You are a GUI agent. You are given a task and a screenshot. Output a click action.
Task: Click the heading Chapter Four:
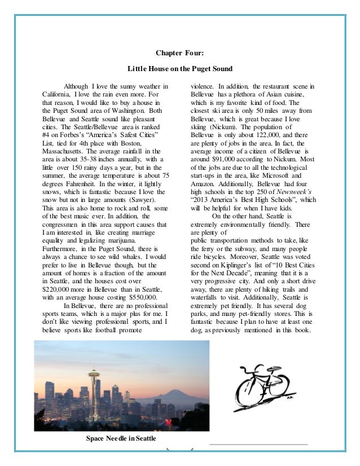(x=179, y=54)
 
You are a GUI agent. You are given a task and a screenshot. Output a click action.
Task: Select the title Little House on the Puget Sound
(x=179, y=69)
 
